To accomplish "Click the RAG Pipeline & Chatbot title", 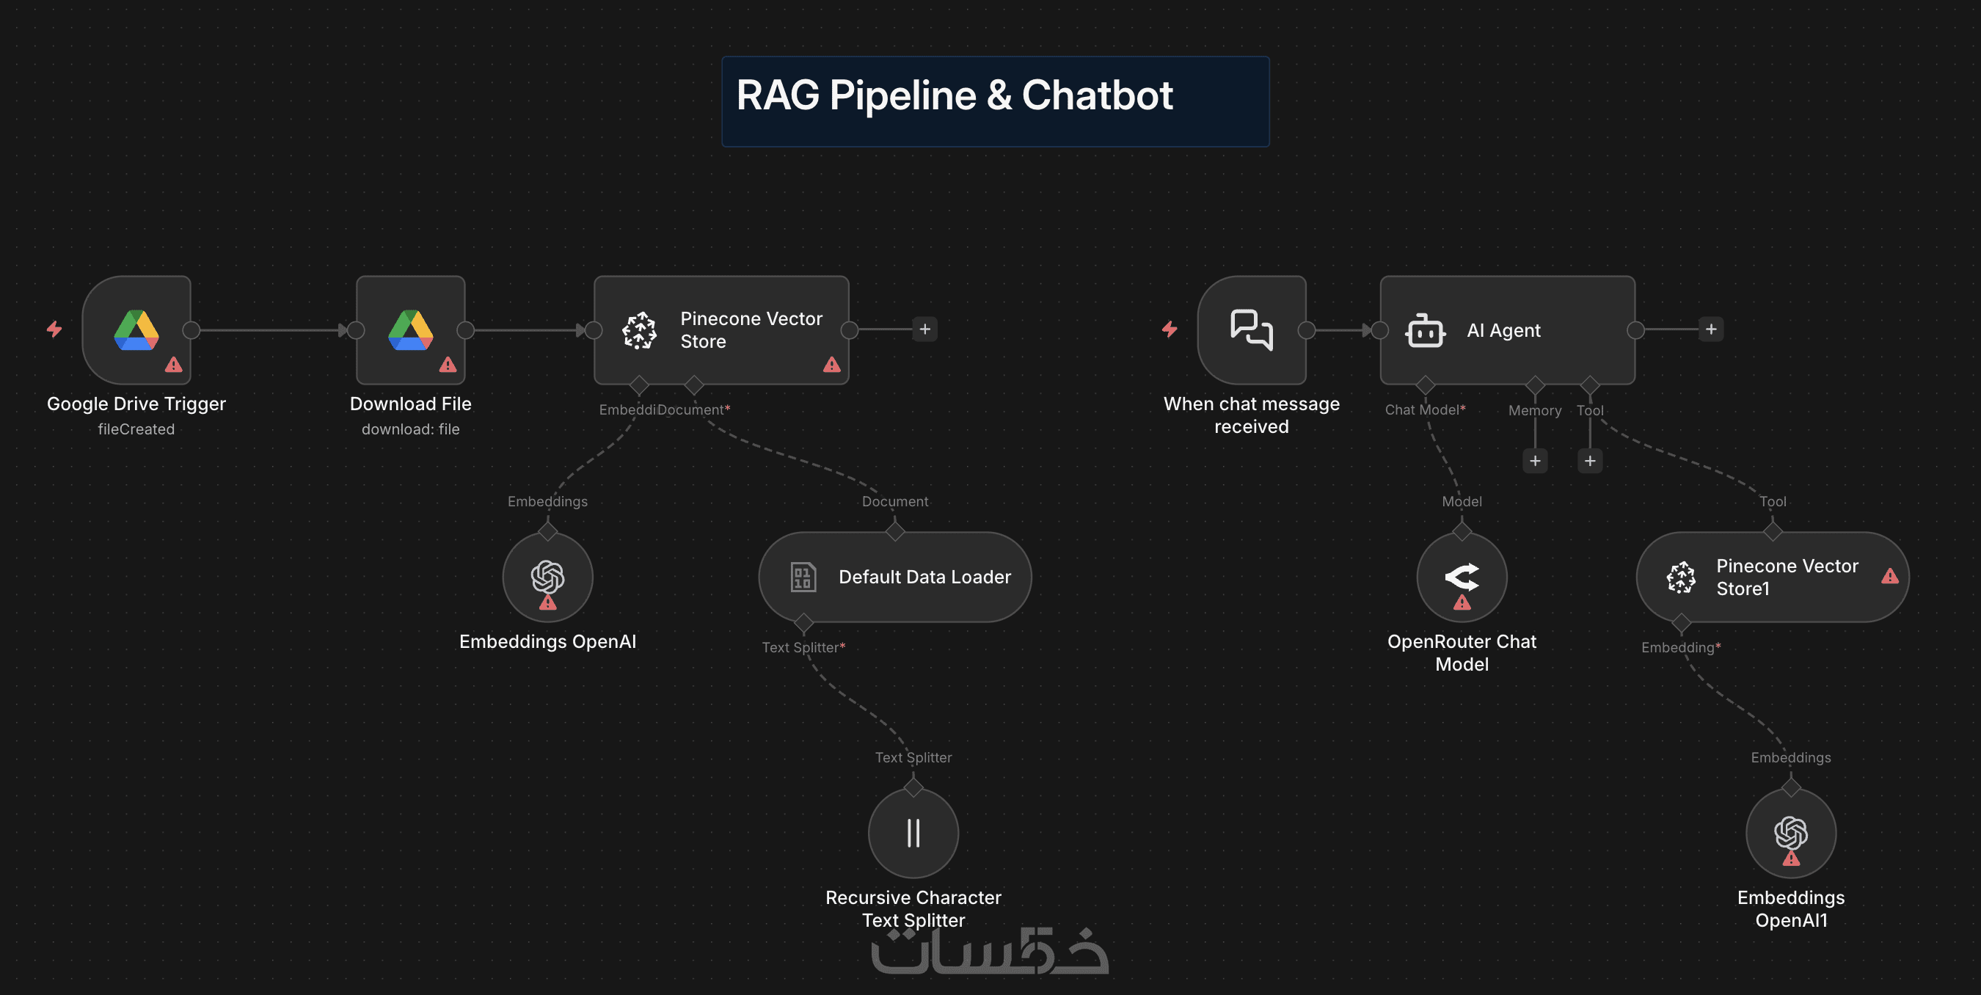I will [x=955, y=96].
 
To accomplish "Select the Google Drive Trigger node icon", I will [x=136, y=330].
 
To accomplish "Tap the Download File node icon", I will [x=411, y=330].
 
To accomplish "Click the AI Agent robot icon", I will [x=1425, y=331].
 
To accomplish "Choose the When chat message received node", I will [x=1251, y=330].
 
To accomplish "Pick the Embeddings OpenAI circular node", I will [x=547, y=577].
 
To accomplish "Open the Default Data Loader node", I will [x=894, y=577].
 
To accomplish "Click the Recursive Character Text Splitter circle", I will [x=913, y=833].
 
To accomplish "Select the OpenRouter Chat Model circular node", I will [x=1461, y=577].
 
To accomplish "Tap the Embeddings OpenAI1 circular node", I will [x=1790, y=833].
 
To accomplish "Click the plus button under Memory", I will [x=1535, y=461].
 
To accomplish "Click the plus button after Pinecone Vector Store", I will [x=924, y=329].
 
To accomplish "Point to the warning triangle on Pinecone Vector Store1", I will [x=1889, y=576].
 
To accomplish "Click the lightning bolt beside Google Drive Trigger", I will [x=54, y=329].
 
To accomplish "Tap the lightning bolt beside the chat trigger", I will [x=1170, y=329].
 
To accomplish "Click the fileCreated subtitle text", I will [x=136, y=429].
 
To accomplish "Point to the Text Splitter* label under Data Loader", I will [x=803, y=647].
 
